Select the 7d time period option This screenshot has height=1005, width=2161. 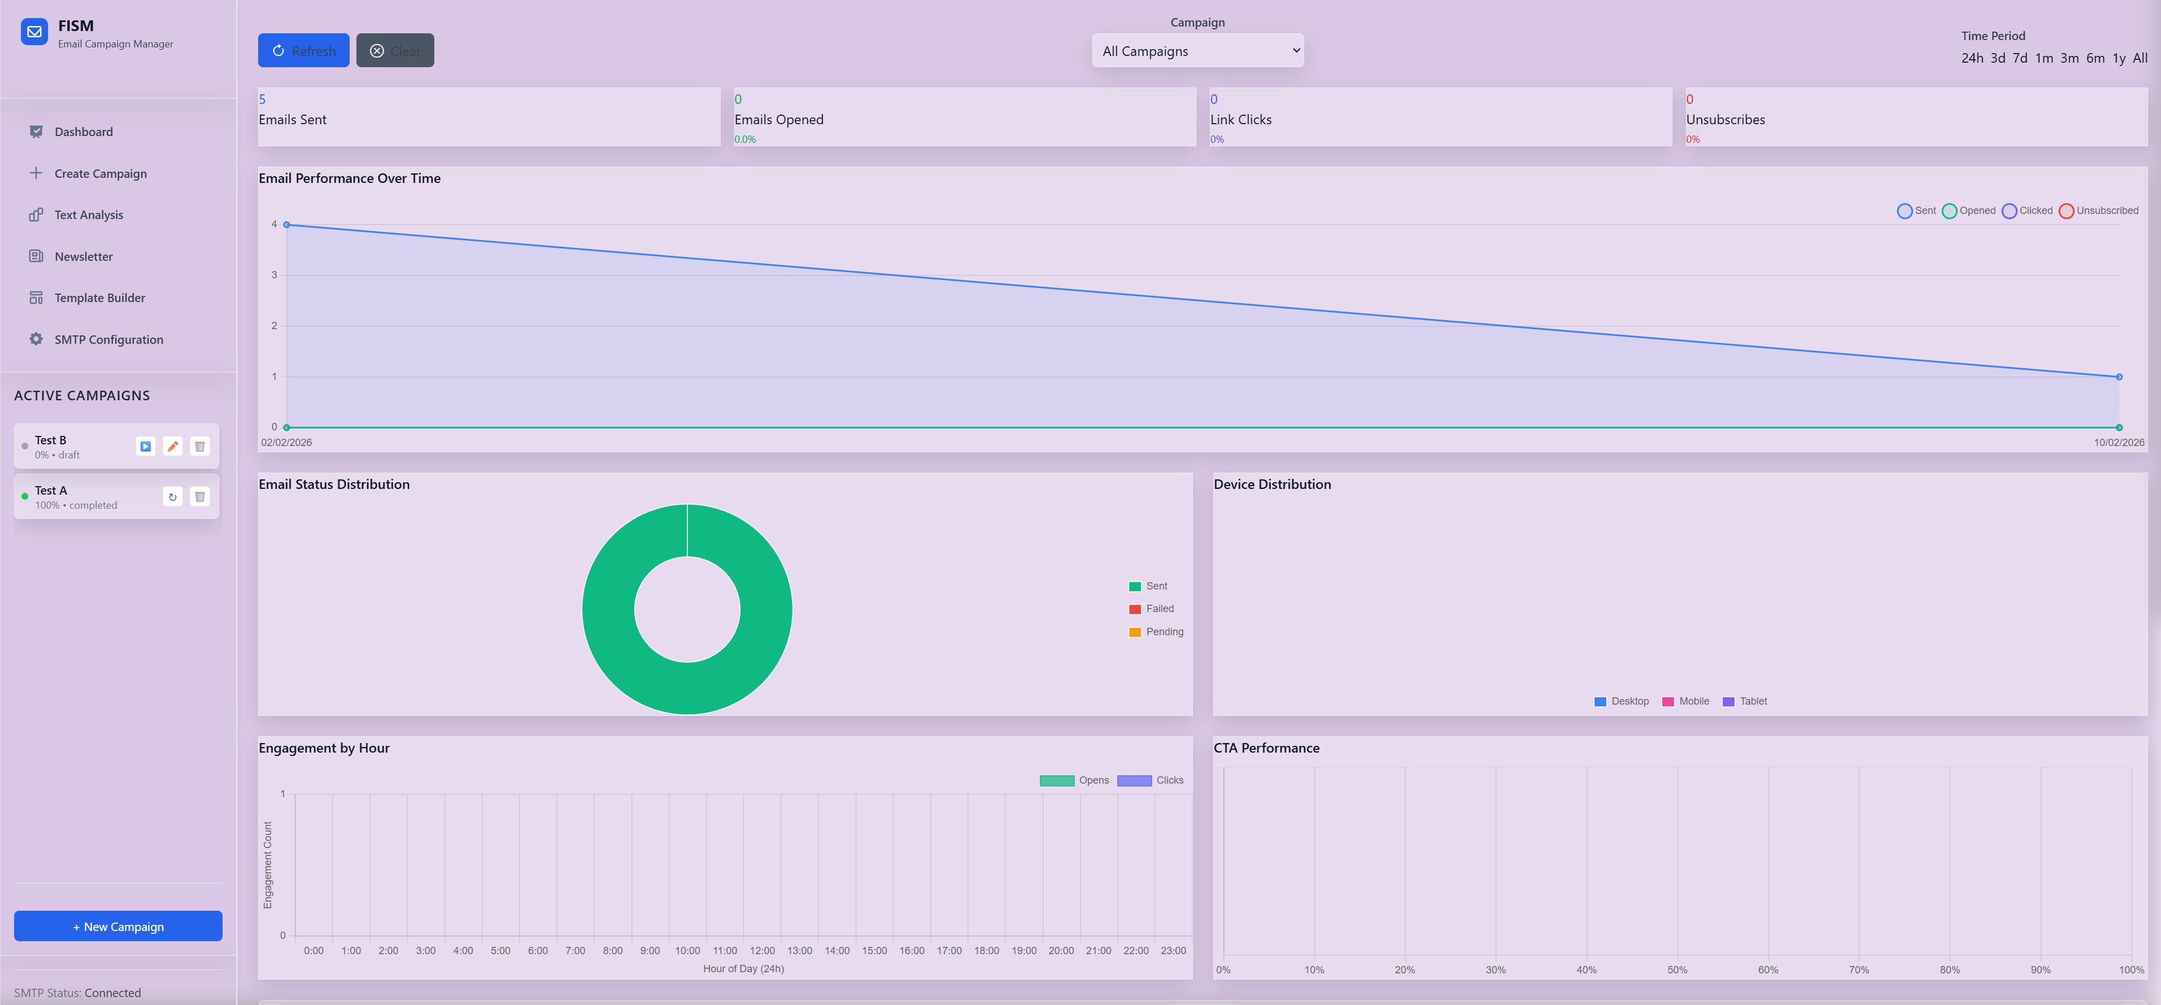tap(2019, 58)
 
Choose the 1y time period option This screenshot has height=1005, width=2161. tap(2118, 58)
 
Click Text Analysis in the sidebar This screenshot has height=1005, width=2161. tap(88, 215)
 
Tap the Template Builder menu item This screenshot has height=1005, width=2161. tap(99, 298)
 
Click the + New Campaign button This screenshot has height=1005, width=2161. tap(118, 926)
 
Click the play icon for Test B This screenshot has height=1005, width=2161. tap(145, 446)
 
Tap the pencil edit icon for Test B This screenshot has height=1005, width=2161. tap(173, 446)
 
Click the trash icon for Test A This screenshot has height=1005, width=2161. tap(199, 497)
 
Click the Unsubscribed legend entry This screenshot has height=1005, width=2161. tap(2098, 211)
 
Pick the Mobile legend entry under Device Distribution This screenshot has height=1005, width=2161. tap(1685, 701)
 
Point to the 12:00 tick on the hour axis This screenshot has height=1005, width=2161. tap(762, 950)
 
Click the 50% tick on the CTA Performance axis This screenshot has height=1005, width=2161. tap(1677, 970)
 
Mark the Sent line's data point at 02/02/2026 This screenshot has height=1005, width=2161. tap(287, 225)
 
